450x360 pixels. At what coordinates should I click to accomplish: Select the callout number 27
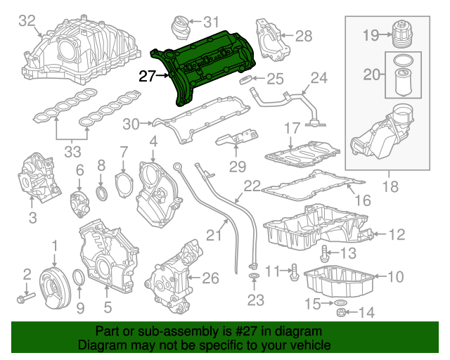(147, 77)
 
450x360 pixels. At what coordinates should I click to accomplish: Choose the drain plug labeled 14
(339, 311)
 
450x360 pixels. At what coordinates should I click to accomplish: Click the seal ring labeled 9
(79, 283)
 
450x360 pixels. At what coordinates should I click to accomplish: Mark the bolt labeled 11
(295, 269)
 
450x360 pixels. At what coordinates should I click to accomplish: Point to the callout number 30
(131, 124)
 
